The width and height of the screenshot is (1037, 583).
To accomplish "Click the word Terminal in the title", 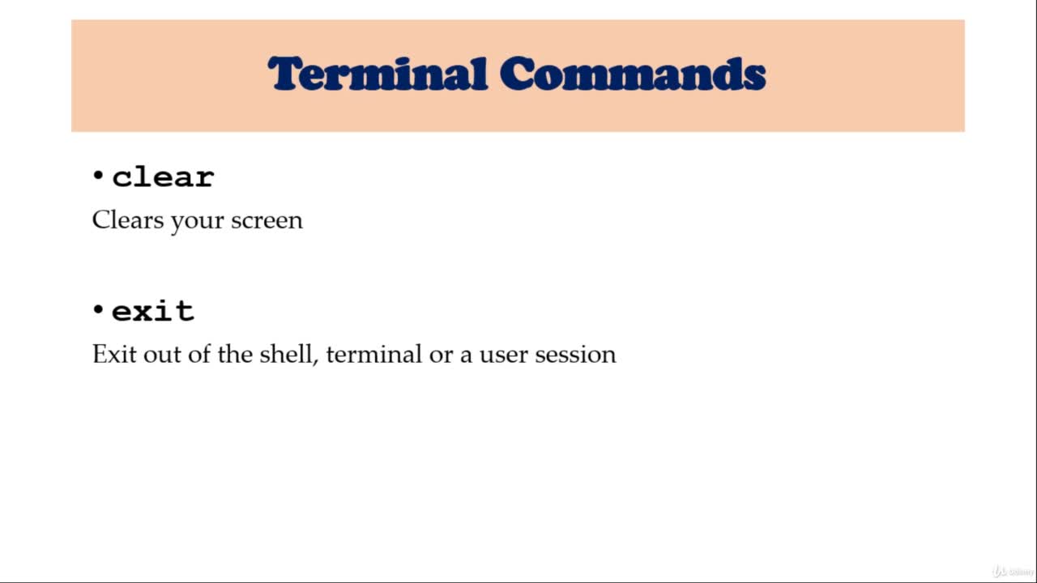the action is pos(378,74).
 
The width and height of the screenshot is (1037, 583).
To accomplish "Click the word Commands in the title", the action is pos(633,74).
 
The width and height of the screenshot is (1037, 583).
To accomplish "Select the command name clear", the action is pos(163,177).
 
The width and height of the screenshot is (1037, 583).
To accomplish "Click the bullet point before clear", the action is pos(98,176).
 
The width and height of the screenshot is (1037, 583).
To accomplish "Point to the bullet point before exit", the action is pos(98,309).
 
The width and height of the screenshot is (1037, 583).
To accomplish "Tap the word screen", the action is pos(267,221).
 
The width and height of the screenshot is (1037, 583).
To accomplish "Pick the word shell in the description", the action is pos(286,354).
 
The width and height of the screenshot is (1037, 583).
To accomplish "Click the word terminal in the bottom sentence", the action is pos(374,354).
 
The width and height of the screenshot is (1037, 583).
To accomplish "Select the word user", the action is pos(503,355).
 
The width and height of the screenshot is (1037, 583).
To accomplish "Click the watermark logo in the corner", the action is pos(1013,571).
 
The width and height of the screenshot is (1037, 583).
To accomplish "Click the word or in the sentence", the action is pos(441,356).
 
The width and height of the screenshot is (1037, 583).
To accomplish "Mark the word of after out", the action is pos(199,354).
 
